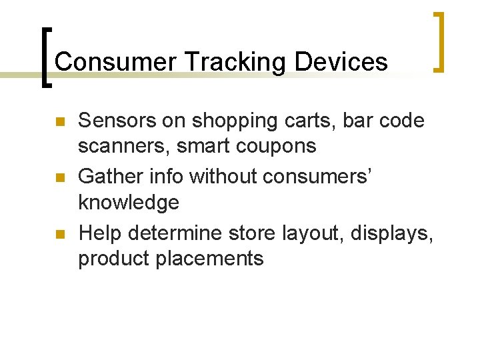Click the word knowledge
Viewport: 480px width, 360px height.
(129, 201)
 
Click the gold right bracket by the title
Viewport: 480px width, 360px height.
(439, 41)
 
